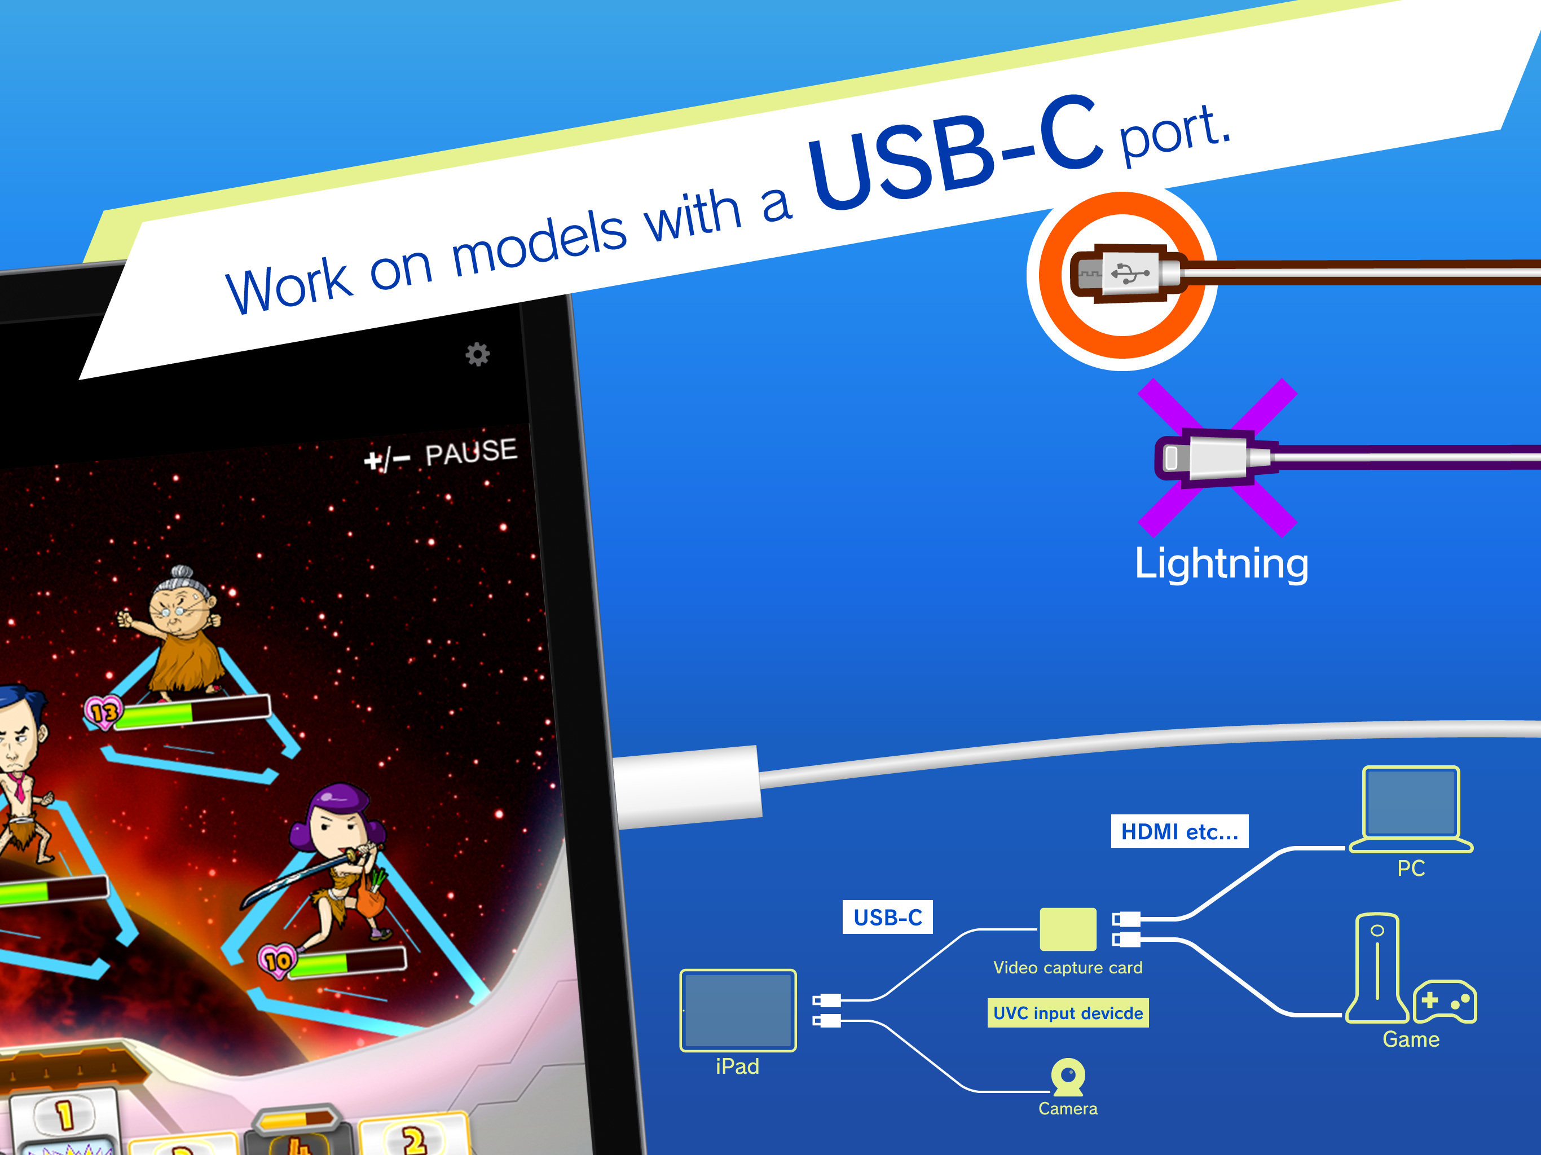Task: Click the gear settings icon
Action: point(477,355)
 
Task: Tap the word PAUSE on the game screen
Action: point(472,452)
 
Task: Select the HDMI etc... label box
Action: point(1179,831)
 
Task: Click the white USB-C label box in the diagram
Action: point(887,918)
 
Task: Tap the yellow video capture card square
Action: point(1068,929)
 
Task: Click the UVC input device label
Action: point(1068,1013)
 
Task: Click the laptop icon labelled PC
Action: point(1411,809)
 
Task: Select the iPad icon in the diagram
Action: point(738,1010)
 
